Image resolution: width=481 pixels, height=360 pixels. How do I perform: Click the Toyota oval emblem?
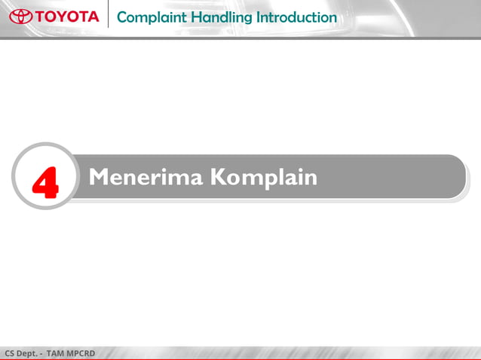point(20,16)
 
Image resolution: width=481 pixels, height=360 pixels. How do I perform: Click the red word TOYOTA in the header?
point(66,16)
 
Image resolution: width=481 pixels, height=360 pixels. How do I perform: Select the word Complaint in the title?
point(145,17)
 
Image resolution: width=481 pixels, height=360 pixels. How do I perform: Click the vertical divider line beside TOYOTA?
point(108,15)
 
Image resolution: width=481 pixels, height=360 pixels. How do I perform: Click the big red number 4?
point(45,183)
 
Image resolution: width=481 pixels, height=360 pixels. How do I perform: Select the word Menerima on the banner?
point(144,177)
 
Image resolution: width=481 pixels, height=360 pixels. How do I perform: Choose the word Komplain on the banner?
point(263,178)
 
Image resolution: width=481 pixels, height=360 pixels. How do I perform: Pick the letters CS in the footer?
point(10,353)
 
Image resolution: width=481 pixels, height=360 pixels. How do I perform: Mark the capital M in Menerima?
point(99,177)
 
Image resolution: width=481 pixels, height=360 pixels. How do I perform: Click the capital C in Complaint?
point(123,17)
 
